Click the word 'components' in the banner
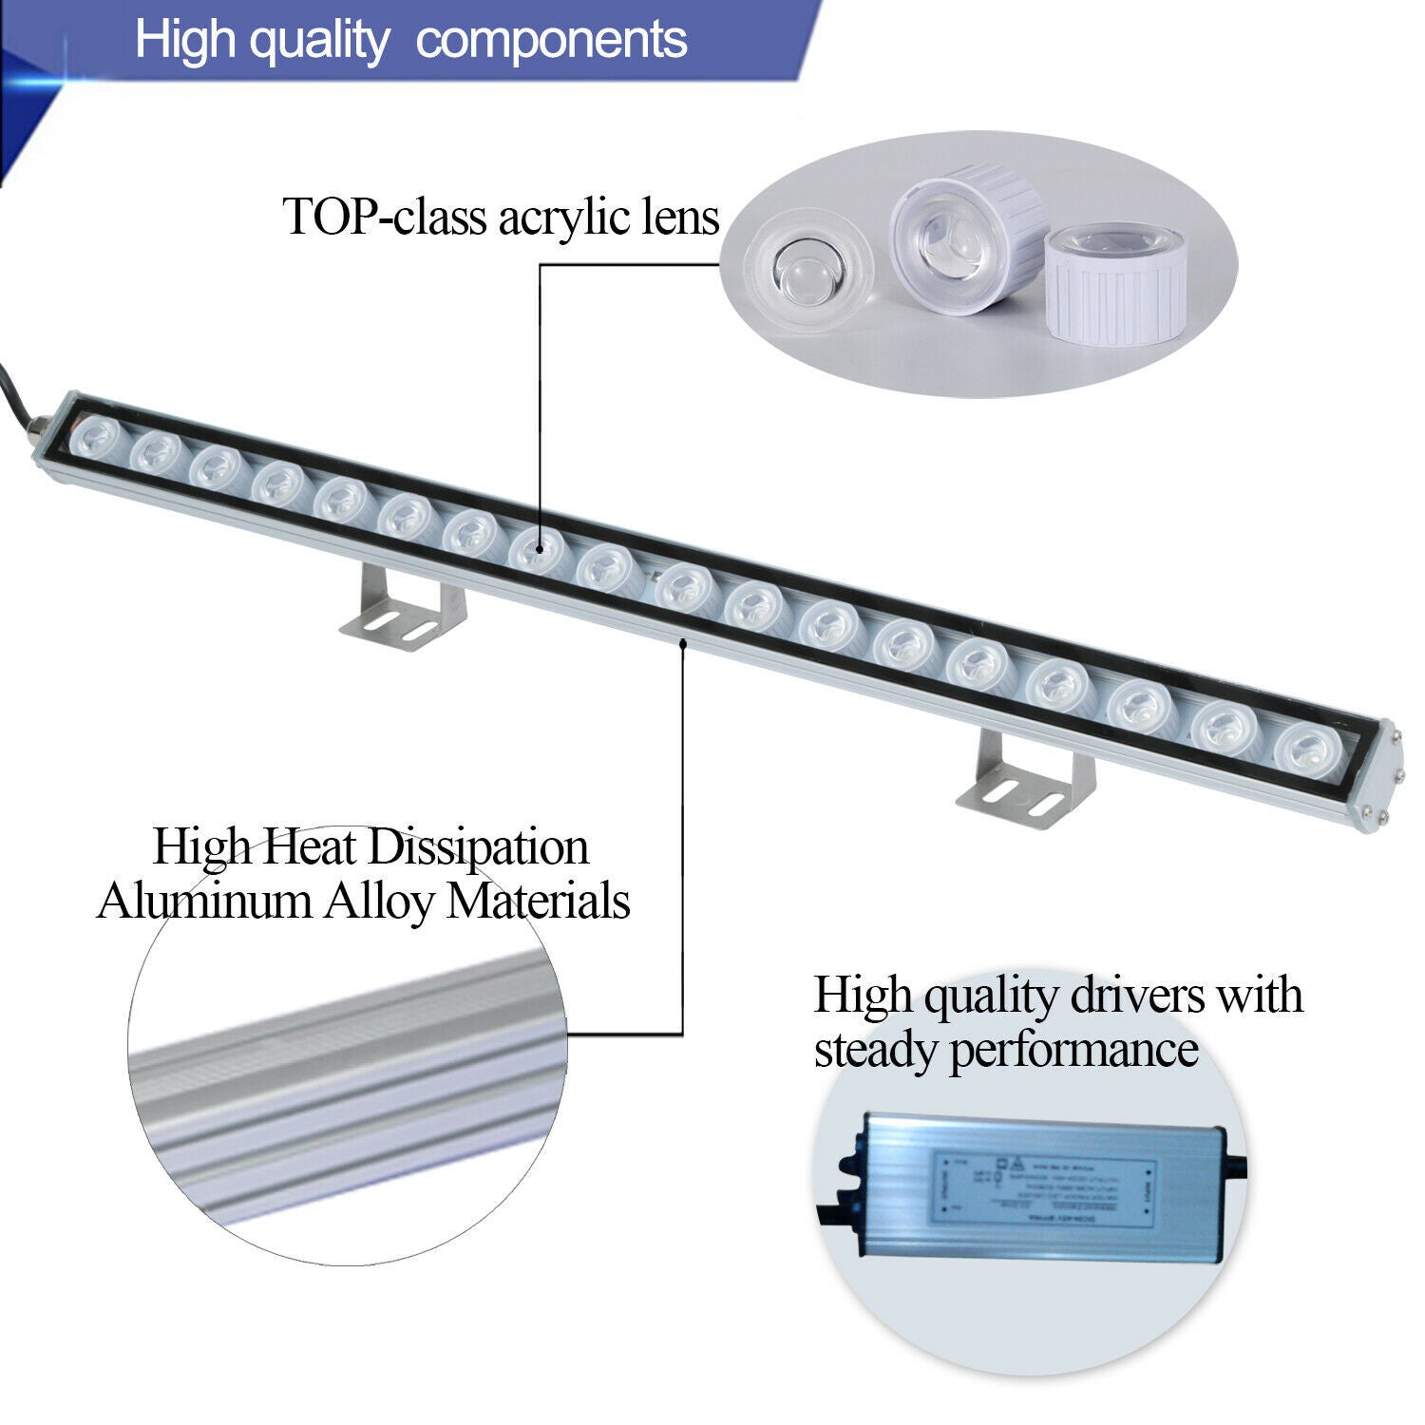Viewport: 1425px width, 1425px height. click(551, 40)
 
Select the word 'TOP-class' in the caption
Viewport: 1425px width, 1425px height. click(385, 218)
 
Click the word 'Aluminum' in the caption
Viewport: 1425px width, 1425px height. click(203, 901)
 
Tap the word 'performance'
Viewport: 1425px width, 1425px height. click(1073, 1051)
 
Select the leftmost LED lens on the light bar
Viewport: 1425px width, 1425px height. click(98, 439)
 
